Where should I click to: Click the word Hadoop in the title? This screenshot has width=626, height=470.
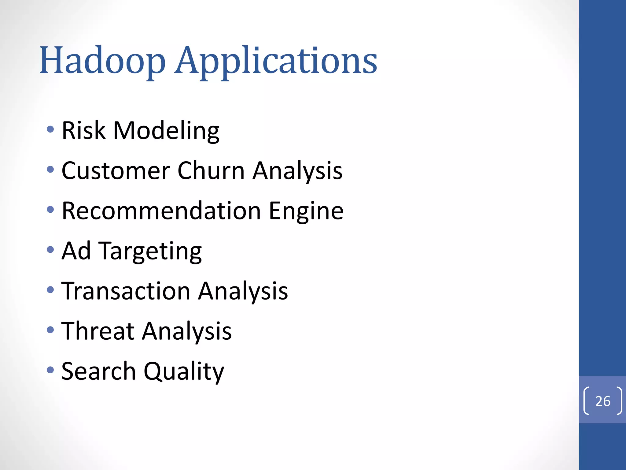point(102,61)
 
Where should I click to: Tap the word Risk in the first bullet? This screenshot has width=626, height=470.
point(83,130)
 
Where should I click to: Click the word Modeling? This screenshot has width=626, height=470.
point(166,131)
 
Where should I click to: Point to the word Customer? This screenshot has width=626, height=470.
point(116,171)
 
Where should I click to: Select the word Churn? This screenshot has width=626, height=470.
point(211,170)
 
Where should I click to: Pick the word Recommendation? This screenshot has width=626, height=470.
point(161,211)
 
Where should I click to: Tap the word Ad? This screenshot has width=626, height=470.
point(76,251)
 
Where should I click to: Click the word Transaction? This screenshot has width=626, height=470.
point(126,291)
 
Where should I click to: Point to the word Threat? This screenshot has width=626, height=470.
point(98,331)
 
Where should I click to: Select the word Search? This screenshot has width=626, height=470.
point(98,371)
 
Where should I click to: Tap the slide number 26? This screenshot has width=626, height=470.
point(603,401)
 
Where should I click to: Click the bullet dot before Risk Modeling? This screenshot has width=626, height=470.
point(50,129)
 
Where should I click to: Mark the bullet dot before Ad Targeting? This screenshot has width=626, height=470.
point(50,250)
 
